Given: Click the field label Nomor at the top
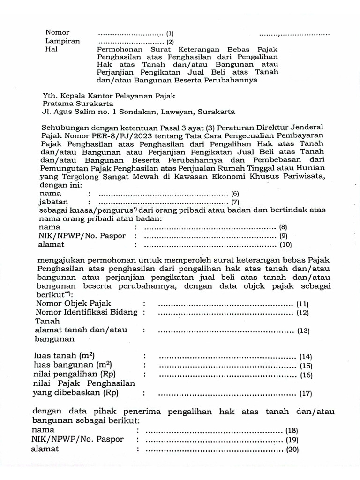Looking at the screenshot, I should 57,33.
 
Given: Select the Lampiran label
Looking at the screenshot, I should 62,41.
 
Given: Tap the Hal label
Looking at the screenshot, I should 51,49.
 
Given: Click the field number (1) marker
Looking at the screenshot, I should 170,34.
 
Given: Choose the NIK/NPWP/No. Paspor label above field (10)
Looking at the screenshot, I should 82,236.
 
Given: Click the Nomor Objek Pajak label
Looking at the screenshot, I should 74,304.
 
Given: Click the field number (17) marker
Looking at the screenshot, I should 306,394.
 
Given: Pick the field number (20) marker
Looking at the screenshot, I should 292,450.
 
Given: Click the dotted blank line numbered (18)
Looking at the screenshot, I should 214,430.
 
